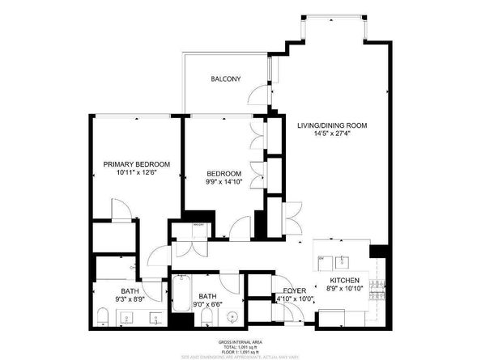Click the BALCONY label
[x=224, y=78]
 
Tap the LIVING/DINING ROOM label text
[x=332, y=125]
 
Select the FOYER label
[x=293, y=290]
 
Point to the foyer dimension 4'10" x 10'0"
[x=295, y=299]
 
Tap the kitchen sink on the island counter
[x=343, y=261]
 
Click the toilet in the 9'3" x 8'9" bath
[x=100, y=314]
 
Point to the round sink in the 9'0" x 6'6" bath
[x=232, y=316]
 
